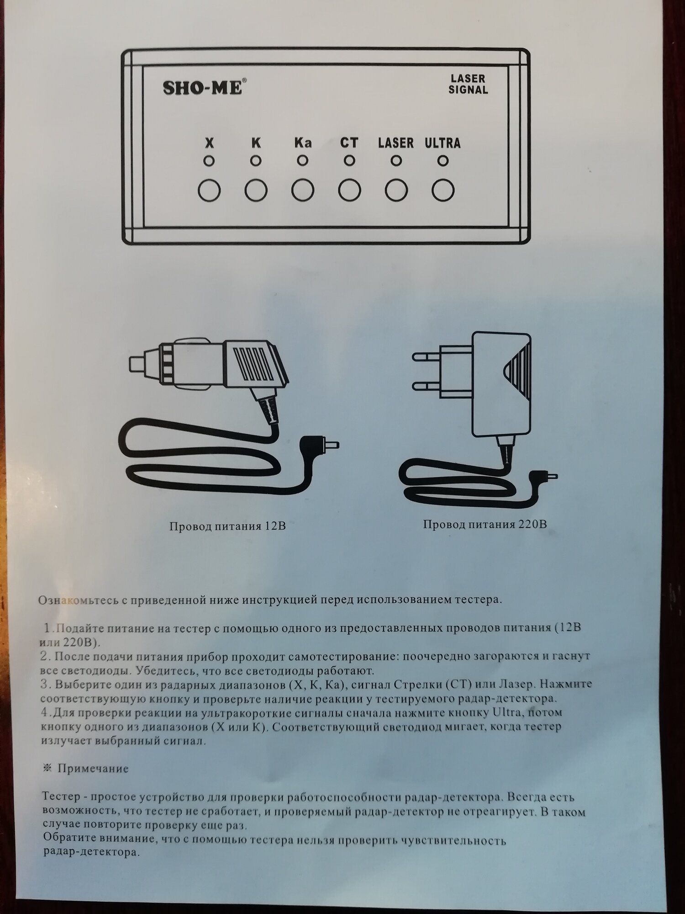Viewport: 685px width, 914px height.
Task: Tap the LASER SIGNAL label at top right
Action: click(468, 84)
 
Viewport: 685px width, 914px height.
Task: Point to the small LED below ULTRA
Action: click(442, 161)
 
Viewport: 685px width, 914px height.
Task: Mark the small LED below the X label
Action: click(209, 161)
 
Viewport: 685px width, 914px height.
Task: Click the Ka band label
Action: click(302, 143)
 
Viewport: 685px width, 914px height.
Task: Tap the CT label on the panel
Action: click(349, 143)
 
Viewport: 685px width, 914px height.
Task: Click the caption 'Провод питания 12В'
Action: click(227, 526)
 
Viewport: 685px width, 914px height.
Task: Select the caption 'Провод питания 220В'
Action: click(485, 524)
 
